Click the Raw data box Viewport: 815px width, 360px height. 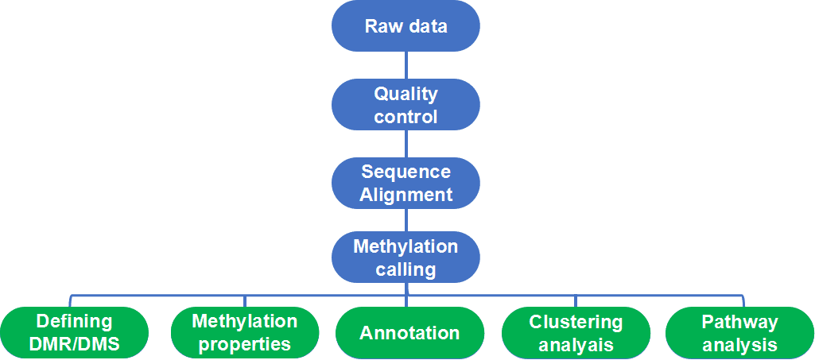[x=406, y=26]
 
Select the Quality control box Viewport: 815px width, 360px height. [x=406, y=105]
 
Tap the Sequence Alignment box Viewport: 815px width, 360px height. [x=406, y=183]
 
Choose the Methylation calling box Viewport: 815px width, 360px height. [x=406, y=257]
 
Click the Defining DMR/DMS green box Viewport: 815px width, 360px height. [x=74, y=333]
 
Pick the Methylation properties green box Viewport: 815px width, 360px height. [x=244, y=333]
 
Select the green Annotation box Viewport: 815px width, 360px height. [x=409, y=333]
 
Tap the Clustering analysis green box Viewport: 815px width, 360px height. [x=576, y=333]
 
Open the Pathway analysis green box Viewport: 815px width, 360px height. [x=739, y=333]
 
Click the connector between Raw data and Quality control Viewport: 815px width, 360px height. [x=406, y=65]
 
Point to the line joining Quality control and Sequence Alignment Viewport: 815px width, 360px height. [x=406, y=144]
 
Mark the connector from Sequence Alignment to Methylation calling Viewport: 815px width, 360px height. [x=406, y=220]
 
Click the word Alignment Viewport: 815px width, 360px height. [x=406, y=195]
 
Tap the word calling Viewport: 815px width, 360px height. [x=406, y=269]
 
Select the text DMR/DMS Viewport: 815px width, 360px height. [x=74, y=345]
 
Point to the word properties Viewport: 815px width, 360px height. [x=244, y=345]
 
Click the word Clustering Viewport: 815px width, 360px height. [x=576, y=322]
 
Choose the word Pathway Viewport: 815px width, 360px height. [x=739, y=322]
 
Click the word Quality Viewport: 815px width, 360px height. [x=406, y=94]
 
